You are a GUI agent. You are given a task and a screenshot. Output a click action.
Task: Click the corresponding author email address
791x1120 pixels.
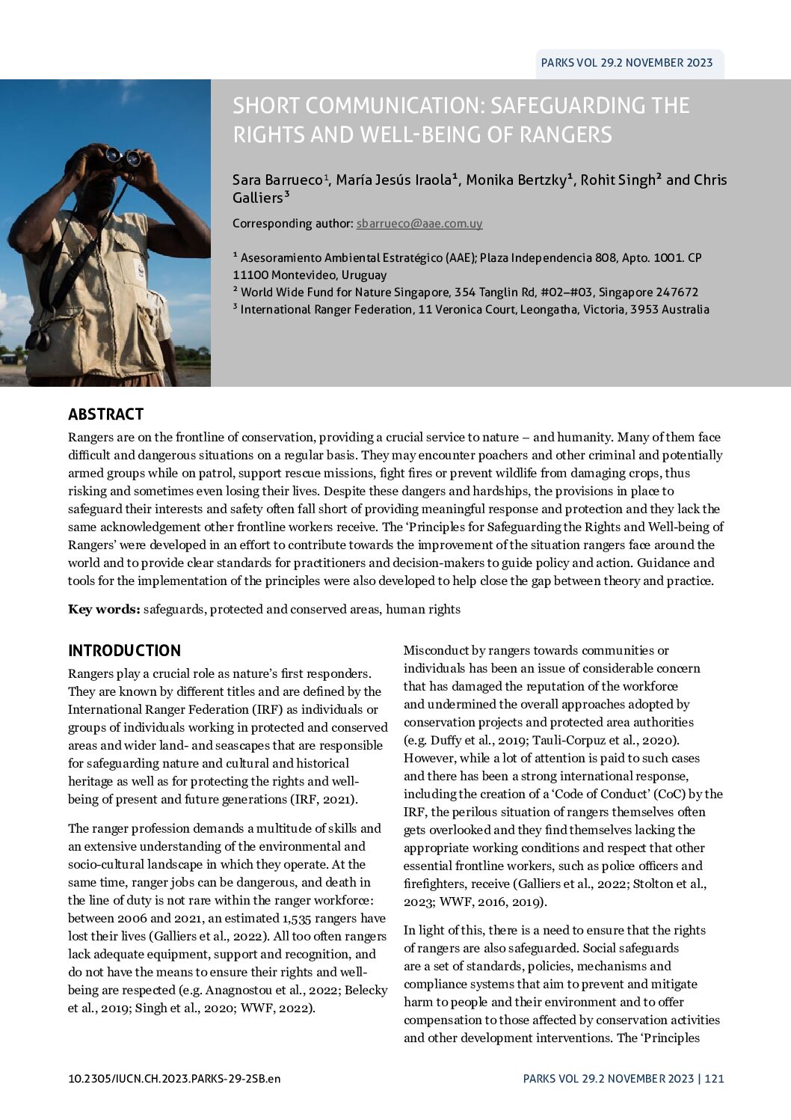[419, 224]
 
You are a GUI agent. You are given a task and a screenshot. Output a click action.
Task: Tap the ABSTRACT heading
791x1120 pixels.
[105, 414]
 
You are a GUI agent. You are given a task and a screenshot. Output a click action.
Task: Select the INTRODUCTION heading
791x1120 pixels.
[124, 651]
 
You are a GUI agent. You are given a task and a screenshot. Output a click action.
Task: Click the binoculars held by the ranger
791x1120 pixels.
[123, 156]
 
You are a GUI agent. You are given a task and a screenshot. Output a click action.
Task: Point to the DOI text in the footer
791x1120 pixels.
[174, 1079]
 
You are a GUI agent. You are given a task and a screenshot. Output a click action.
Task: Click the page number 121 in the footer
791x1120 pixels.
[714, 1079]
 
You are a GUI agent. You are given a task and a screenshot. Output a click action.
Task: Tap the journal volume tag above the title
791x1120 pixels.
[627, 63]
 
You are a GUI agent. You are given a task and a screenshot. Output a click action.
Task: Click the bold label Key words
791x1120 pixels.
[104, 609]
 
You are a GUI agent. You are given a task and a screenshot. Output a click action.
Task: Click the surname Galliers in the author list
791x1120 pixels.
[256, 198]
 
